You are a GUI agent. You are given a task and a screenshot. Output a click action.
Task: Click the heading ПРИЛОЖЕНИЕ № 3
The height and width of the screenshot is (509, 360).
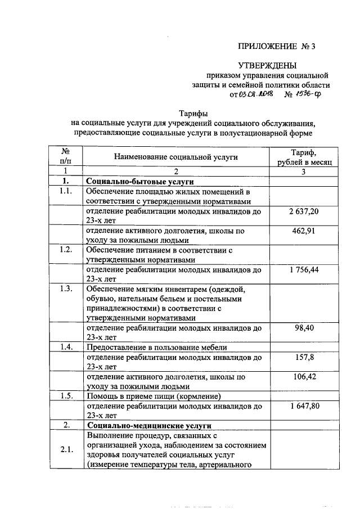click(x=277, y=47)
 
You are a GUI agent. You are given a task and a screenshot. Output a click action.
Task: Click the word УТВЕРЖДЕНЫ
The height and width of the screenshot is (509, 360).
click(x=266, y=66)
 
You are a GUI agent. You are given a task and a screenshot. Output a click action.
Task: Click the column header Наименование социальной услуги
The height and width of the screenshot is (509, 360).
click(x=176, y=157)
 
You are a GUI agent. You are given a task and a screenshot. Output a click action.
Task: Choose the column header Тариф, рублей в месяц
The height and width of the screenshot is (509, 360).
click(x=303, y=157)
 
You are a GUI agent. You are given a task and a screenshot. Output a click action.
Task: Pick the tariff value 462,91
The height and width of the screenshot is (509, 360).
click(x=303, y=231)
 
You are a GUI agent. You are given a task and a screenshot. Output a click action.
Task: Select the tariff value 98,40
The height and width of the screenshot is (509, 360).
click(x=303, y=328)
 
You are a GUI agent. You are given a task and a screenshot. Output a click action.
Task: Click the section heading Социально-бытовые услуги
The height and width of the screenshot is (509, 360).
click(x=139, y=182)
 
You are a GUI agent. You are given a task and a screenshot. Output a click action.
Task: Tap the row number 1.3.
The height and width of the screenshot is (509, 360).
click(x=66, y=289)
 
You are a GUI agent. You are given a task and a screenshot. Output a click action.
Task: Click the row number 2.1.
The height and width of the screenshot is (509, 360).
click(x=66, y=449)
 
